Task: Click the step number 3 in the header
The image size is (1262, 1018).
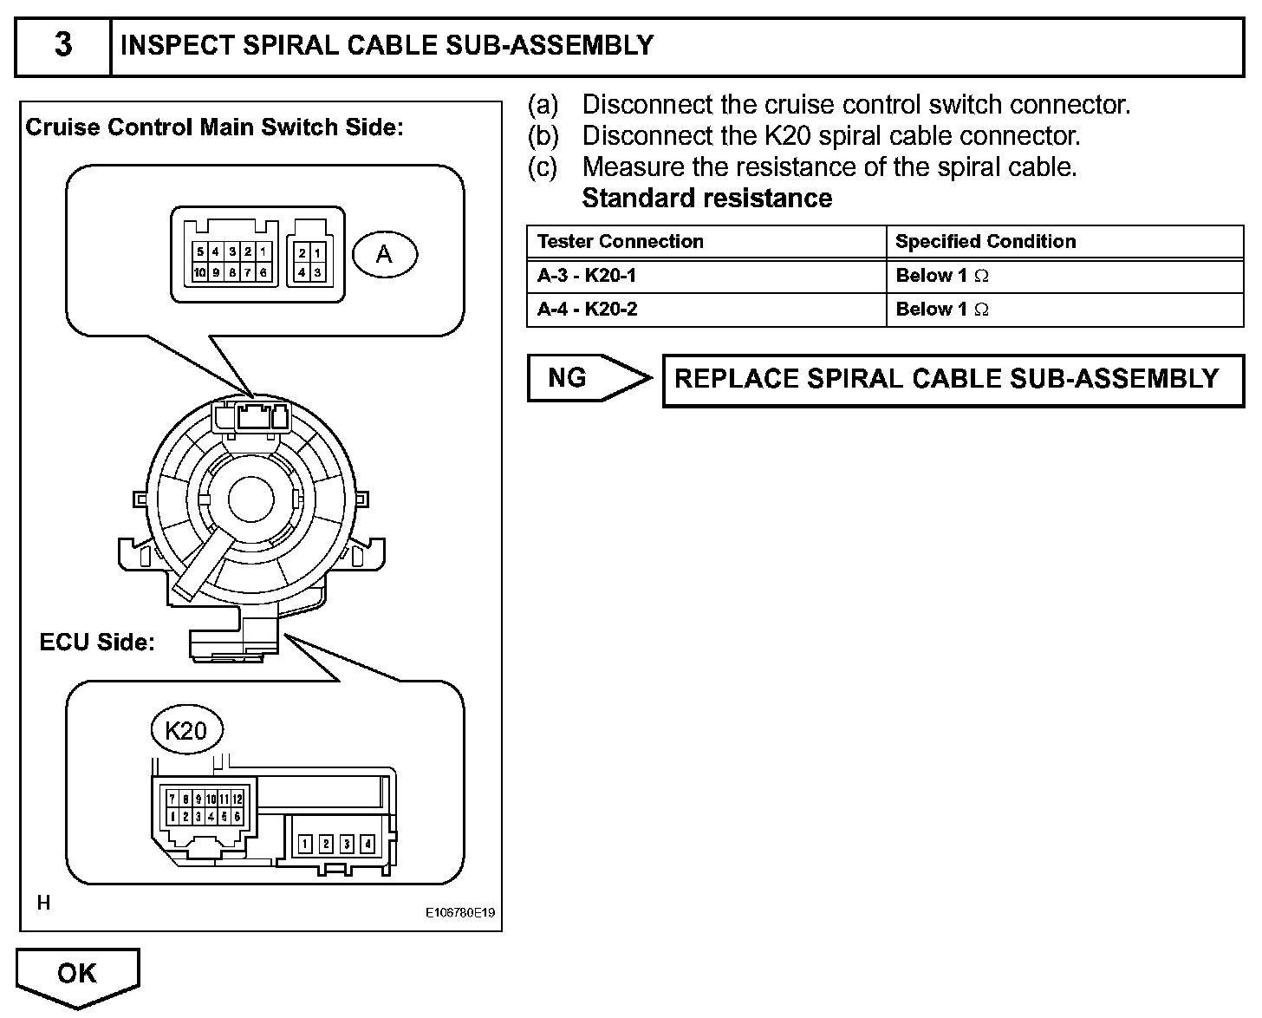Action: click(63, 44)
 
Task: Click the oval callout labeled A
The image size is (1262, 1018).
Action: click(385, 254)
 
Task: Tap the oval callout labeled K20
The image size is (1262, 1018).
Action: click(187, 730)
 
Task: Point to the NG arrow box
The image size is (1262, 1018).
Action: click(589, 378)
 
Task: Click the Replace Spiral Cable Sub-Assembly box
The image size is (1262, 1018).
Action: click(953, 380)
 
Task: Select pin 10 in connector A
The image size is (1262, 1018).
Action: click(200, 272)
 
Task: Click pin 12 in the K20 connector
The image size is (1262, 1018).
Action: click(237, 799)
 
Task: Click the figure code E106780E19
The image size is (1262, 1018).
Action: click(460, 912)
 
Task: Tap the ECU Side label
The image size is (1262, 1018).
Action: click(97, 642)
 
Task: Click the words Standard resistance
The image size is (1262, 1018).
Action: click(706, 199)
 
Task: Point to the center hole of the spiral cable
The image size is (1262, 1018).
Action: click(251, 499)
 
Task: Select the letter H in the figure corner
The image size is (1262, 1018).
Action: click(43, 903)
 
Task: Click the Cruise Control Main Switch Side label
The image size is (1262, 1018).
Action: click(215, 127)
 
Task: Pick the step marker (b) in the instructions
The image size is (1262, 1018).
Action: click(543, 136)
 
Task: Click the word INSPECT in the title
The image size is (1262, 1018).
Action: click(178, 45)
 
